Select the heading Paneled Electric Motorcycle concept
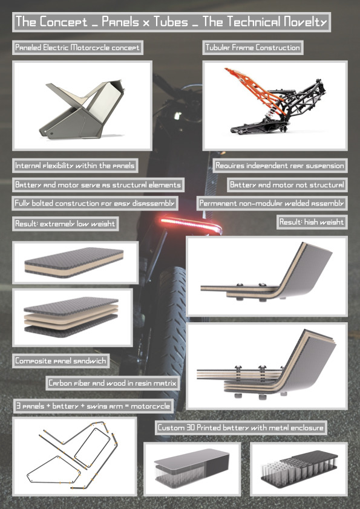(x=77, y=47)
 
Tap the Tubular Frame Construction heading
(x=252, y=47)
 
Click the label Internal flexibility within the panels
(x=75, y=166)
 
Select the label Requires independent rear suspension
(x=280, y=166)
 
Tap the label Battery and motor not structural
(x=287, y=185)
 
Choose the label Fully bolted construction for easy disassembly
(x=94, y=203)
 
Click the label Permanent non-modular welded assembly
(x=272, y=203)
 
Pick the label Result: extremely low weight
(x=65, y=224)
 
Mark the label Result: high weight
(x=312, y=222)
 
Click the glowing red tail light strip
(x=191, y=224)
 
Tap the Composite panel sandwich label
(x=61, y=361)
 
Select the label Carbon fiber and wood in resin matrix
(x=113, y=383)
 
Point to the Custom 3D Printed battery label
(x=241, y=427)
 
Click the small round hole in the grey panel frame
(x=51, y=133)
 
